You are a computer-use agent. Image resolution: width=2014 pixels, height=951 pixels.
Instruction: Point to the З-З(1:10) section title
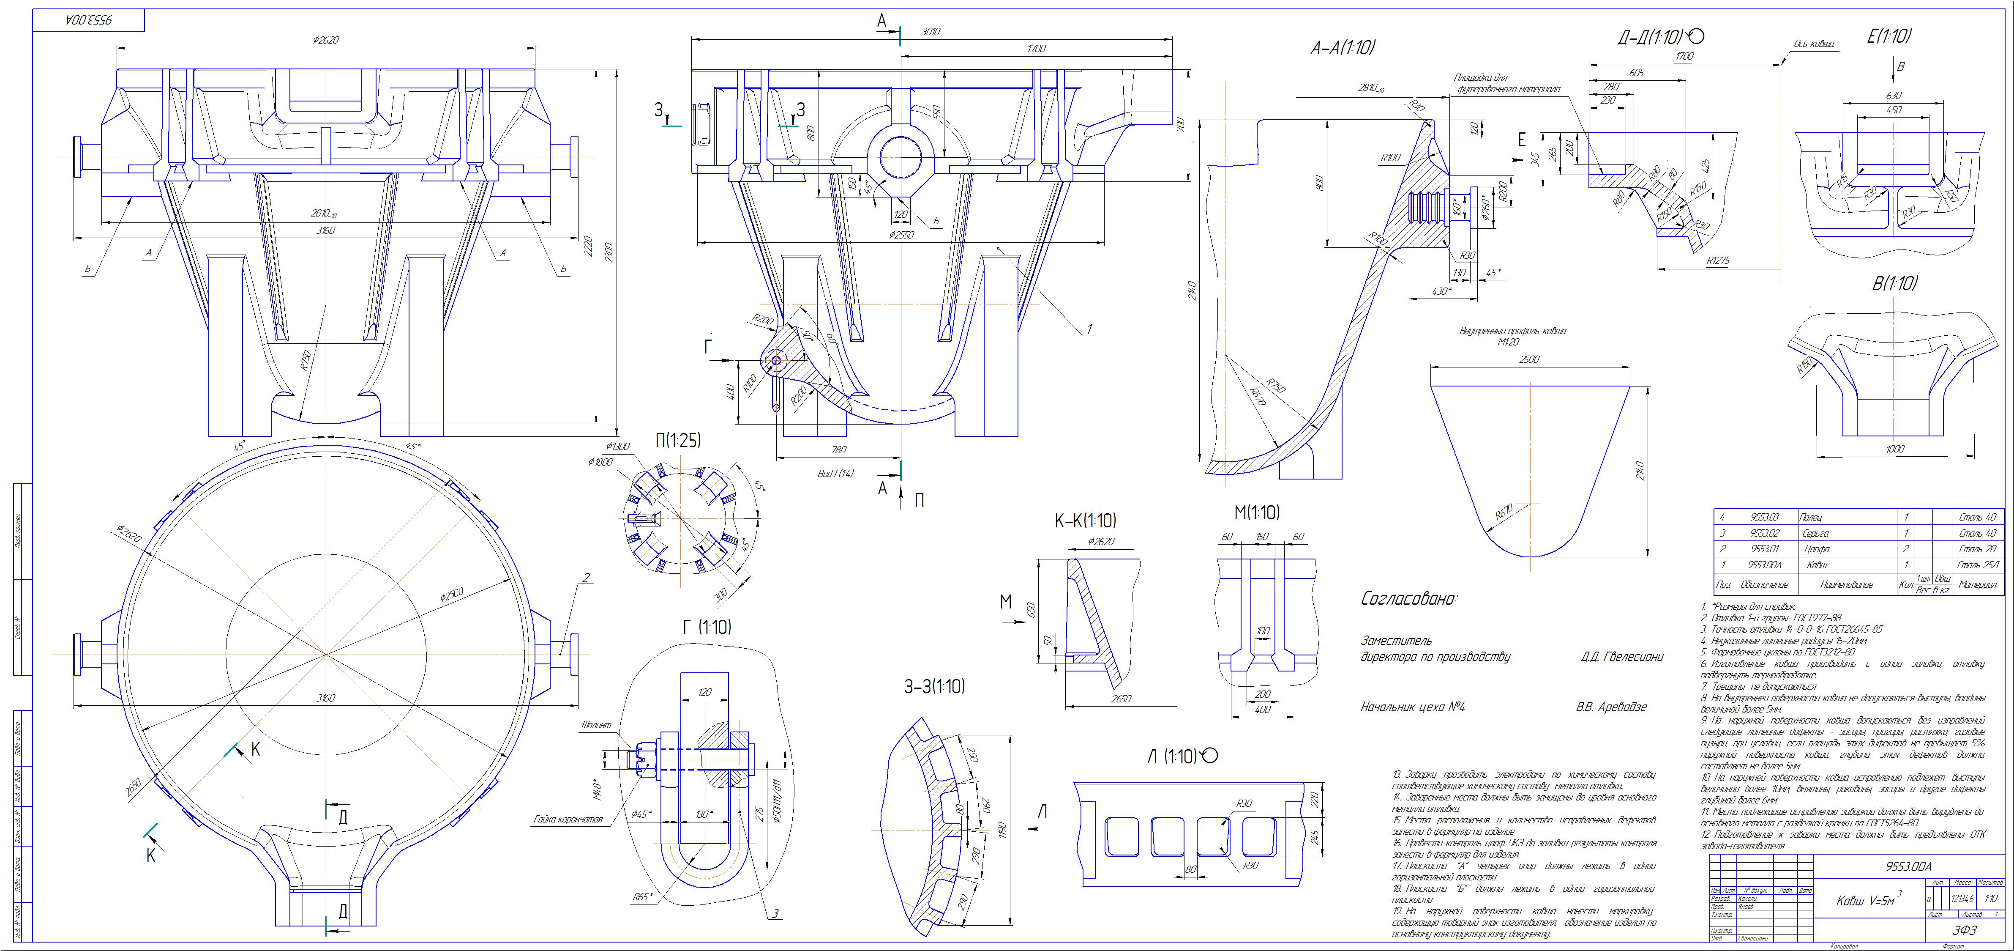pos(934,687)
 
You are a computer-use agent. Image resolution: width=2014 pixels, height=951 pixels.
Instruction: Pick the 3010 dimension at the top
pos(931,32)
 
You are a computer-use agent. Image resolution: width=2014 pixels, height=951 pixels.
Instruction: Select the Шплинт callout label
pos(598,724)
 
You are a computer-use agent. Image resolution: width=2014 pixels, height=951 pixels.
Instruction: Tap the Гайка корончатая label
pos(568,819)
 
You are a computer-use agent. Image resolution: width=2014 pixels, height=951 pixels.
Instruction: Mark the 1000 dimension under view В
pos(1894,449)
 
